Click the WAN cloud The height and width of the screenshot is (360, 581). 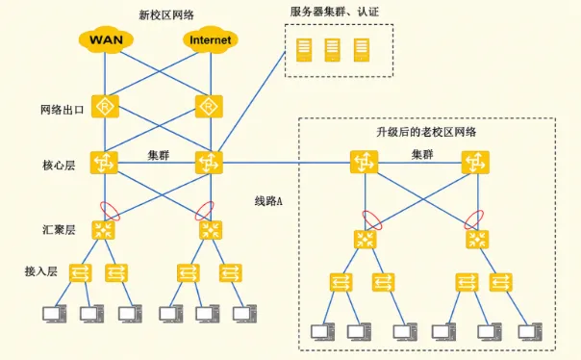pyautogui.click(x=106, y=39)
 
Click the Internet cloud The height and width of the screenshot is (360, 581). pyautogui.click(x=210, y=39)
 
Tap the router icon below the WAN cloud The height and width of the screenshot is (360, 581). pyautogui.click(x=105, y=107)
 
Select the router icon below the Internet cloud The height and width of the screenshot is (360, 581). pyautogui.click(x=209, y=107)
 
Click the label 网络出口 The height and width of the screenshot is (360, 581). pyautogui.click(x=63, y=110)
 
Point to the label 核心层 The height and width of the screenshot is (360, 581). pyautogui.click(x=59, y=166)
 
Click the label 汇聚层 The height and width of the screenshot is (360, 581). pyautogui.click(x=59, y=230)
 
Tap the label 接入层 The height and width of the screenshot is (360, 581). pyautogui.click(x=41, y=271)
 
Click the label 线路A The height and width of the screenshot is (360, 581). pyautogui.click(x=268, y=201)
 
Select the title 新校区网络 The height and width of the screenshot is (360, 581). pyautogui.click(x=166, y=14)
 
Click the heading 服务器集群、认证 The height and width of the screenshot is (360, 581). pyautogui.click(x=335, y=12)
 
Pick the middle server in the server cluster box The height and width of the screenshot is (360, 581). pyautogui.click(x=333, y=50)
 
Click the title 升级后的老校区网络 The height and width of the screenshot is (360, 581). pyautogui.click(x=426, y=132)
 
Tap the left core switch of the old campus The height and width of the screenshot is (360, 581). pyautogui.click(x=365, y=162)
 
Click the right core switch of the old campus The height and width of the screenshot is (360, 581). pyautogui.click(x=475, y=162)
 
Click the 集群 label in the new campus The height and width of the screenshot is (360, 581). pyautogui.click(x=159, y=155)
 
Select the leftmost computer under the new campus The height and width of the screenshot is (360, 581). pyautogui.click(x=55, y=314)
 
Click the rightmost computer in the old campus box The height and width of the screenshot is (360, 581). pyautogui.click(x=530, y=332)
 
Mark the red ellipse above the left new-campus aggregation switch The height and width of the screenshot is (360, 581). pyautogui.click(x=111, y=211)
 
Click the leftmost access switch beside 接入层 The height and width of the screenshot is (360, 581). pyautogui.click(x=81, y=272)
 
